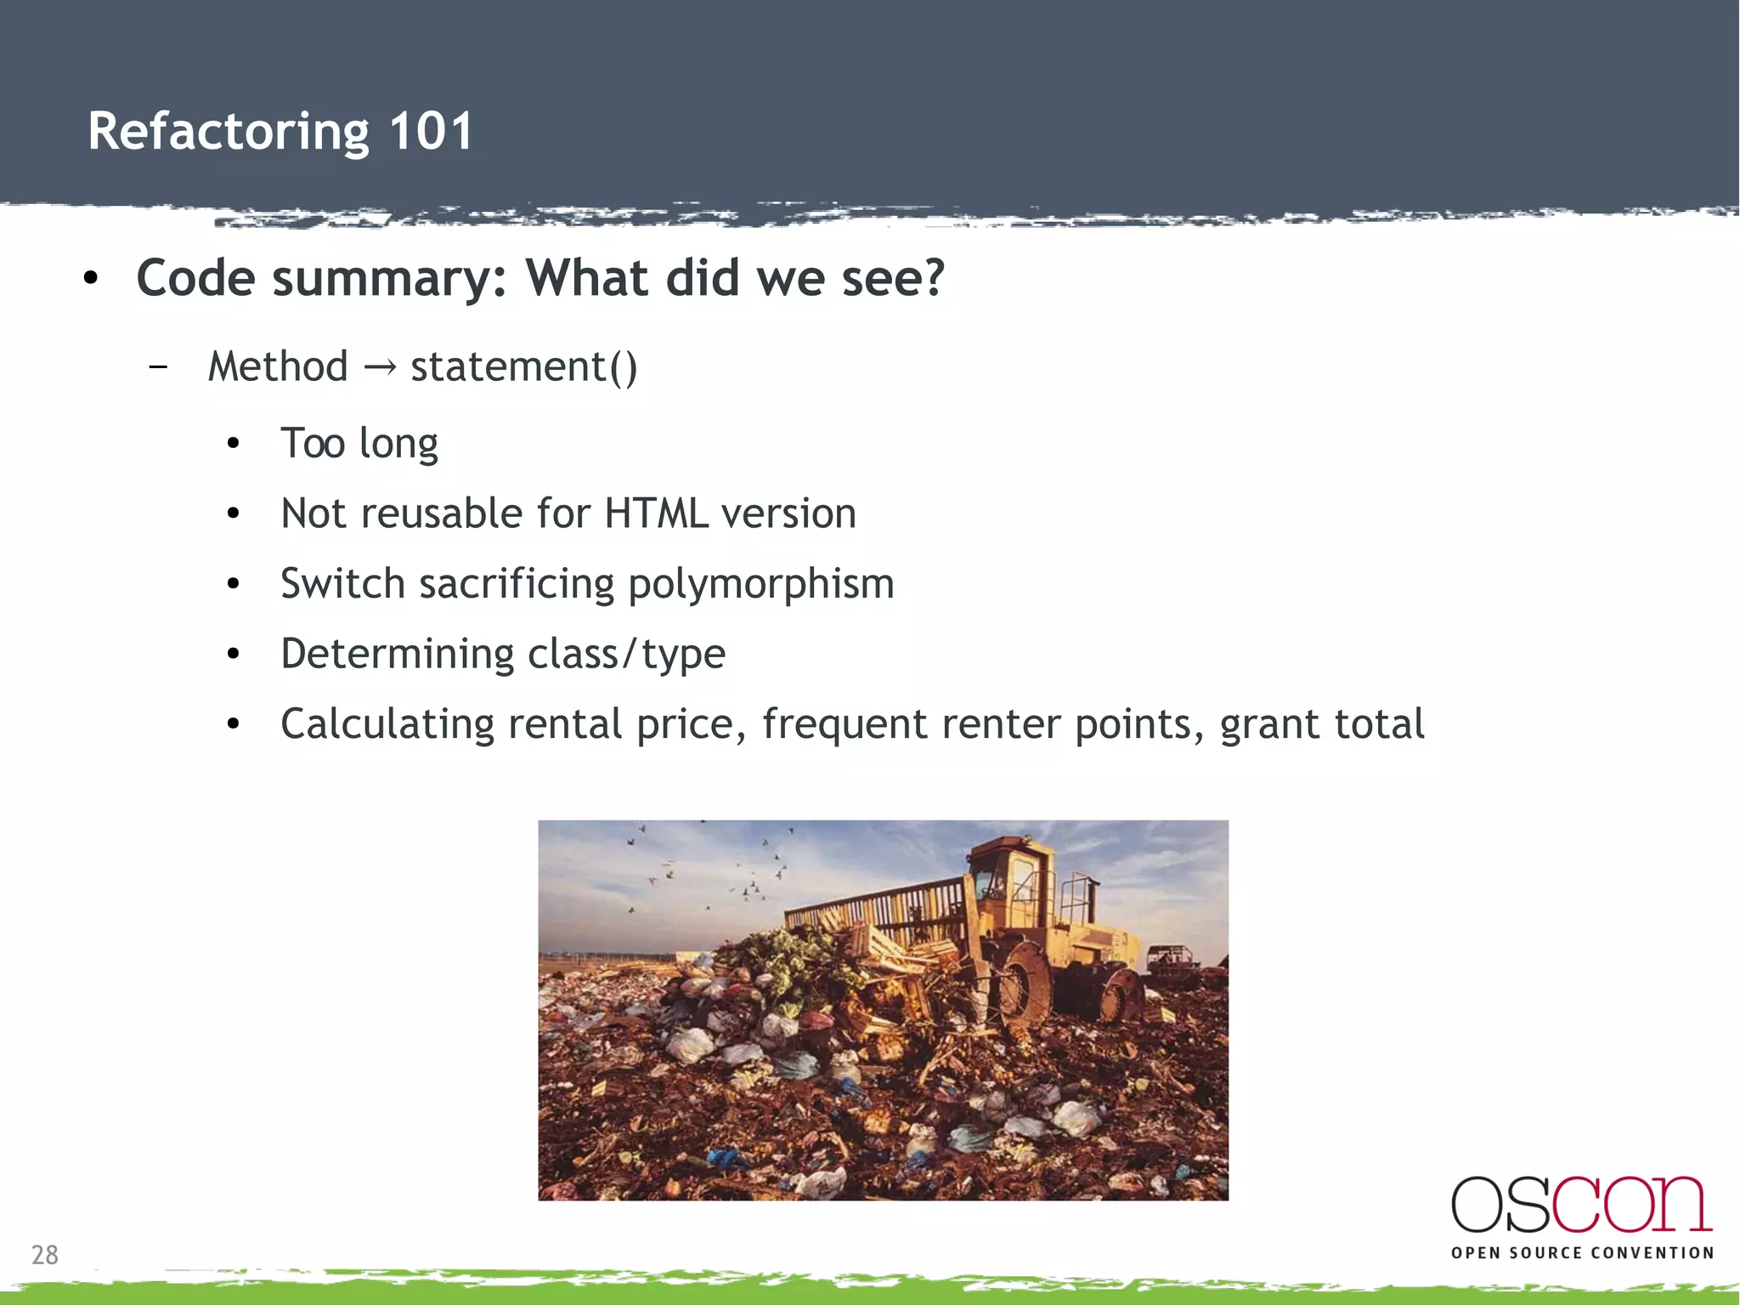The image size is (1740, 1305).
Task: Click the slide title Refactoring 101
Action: click(280, 132)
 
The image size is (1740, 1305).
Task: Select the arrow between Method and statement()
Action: click(379, 367)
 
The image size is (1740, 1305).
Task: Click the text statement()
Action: click(523, 367)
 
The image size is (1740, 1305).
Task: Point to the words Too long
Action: click(359, 444)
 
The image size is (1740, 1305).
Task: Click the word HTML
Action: click(656, 513)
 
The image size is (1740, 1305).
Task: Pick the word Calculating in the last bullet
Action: click(387, 725)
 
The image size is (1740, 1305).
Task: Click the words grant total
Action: click(1321, 725)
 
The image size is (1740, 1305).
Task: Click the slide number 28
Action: click(45, 1255)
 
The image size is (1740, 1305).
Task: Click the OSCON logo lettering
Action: click(1581, 1206)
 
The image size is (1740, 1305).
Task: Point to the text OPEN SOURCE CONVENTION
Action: click(1582, 1253)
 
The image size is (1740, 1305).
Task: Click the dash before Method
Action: click(157, 367)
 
